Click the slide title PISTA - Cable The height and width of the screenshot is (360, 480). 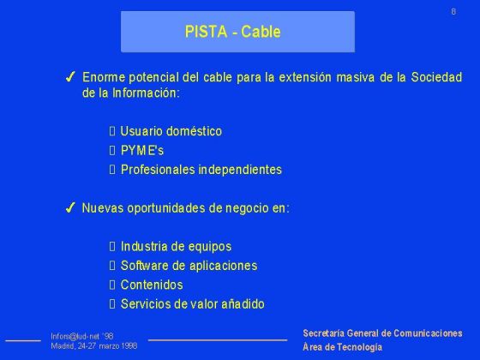pyautogui.click(x=232, y=33)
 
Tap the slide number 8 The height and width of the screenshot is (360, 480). pyautogui.click(x=453, y=11)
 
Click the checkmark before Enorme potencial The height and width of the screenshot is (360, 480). pyautogui.click(x=72, y=78)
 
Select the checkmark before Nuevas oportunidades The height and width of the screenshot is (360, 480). pyautogui.click(x=72, y=208)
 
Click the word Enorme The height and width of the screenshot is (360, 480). pyautogui.click(x=102, y=78)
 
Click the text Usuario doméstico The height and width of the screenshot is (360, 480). pyautogui.click(x=171, y=131)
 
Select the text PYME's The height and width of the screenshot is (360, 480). pyautogui.click(x=142, y=150)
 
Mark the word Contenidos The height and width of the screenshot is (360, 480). pyautogui.click(x=151, y=285)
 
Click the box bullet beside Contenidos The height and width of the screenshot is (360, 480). pyautogui.click(x=111, y=285)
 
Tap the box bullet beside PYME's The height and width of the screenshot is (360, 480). pyautogui.click(x=111, y=150)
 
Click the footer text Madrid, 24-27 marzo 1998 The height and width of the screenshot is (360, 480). pyautogui.click(x=93, y=345)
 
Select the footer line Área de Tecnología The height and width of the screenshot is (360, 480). pyautogui.click(x=343, y=347)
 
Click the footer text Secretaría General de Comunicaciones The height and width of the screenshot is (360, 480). pyautogui.click(x=382, y=333)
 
